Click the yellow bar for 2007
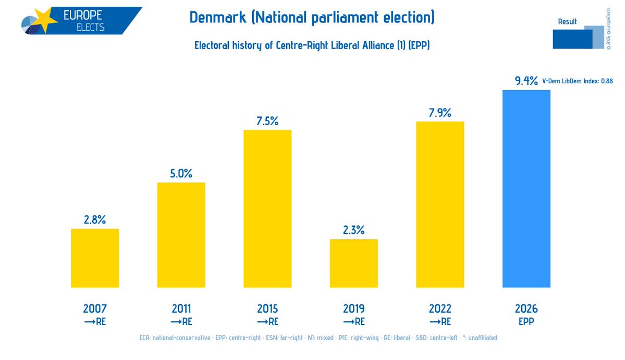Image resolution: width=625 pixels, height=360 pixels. pyautogui.click(x=95, y=258)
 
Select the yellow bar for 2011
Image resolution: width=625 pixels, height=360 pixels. pyautogui.click(x=181, y=235)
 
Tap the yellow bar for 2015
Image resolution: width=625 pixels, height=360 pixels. pyautogui.click(x=267, y=208)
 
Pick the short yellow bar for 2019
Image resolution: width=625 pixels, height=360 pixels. pyautogui.click(x=353, y=263)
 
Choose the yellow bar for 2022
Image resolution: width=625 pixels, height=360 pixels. pyautogui.click(x=440, y=204)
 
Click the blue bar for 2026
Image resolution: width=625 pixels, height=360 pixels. pyautogui.click(x=526, y=189)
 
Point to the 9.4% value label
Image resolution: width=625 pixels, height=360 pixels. pyautogui.click(x=526, y=81)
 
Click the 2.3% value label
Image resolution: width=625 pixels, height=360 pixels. pyautogui.click(x=353, y=230)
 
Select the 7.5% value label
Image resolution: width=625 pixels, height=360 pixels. pyautogui.click(x=267, y=121)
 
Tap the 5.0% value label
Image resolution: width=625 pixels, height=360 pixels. pyautogui.click(x=181, y=173)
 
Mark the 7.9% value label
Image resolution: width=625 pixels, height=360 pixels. pyautogui.click(x=440, y=113)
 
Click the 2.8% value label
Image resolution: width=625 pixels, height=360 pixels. pyautogui.click(x=95, y=220)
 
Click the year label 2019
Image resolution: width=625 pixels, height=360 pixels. pyautogui.click(x=353, y=308)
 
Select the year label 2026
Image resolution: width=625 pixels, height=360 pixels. pyautogui.click(x=526, y=308)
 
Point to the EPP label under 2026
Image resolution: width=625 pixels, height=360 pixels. pyautogui.click(x=526, y=321)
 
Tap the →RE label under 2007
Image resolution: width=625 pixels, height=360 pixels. pyautogui.click(x=95, y=321)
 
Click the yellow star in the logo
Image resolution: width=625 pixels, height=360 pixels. pyautogui.click(x=46, y=19)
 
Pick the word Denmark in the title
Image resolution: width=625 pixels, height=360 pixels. pyautogui.click(x=217, y=18)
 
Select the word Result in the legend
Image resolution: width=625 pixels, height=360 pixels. pyautogui.click(x=567, y=21)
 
